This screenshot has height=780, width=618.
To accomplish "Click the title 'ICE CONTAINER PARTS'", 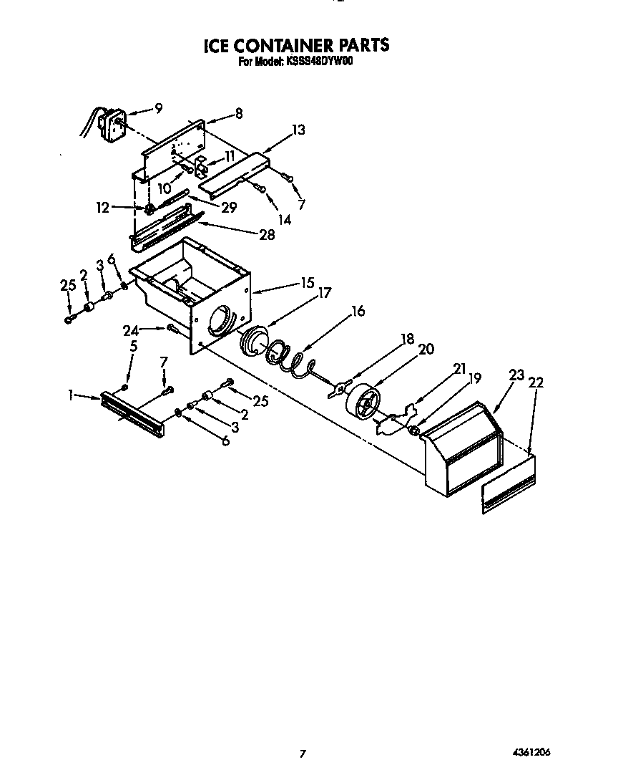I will pyautogui.click(x=297, y=45).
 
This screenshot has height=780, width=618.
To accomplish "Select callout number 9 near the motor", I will pyautogui.click(x=158, y=108).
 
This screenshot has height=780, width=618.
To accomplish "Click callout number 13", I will pyautogui.click(x=298, y=130).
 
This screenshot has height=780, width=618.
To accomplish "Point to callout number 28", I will pyautogui.click(x=266, y=235).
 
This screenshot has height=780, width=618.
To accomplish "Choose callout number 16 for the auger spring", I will pyautogui.click(x=358, y=311).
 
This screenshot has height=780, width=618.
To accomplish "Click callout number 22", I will pyautogui.click(x=536, y=382).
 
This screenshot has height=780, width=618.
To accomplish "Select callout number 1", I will pyautogui.click(x=72, y=394).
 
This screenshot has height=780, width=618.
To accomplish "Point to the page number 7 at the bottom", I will pyautogui.click(x=303, y=753).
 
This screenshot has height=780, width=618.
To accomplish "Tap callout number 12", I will pyautogui.click(x=103, y=208).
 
